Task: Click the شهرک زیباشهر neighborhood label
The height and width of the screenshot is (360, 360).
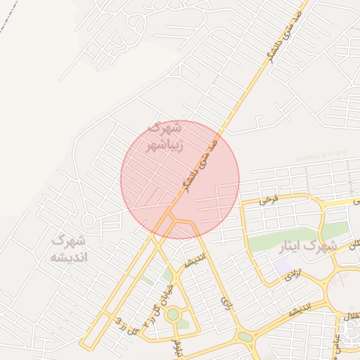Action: coord(164,137)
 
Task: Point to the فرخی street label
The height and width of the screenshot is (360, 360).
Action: coord(268,200)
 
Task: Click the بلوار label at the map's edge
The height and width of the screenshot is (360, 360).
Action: coord(176,346)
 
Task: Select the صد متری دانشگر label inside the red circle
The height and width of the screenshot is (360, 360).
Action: coord(198,160)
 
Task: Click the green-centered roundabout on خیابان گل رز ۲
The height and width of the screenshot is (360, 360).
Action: coord(172,314)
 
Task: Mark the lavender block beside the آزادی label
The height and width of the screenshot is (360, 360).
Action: coord(283,267)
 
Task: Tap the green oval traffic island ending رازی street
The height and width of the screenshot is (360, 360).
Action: coord(245,336)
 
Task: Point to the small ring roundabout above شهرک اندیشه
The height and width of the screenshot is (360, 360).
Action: coord(88,221)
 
